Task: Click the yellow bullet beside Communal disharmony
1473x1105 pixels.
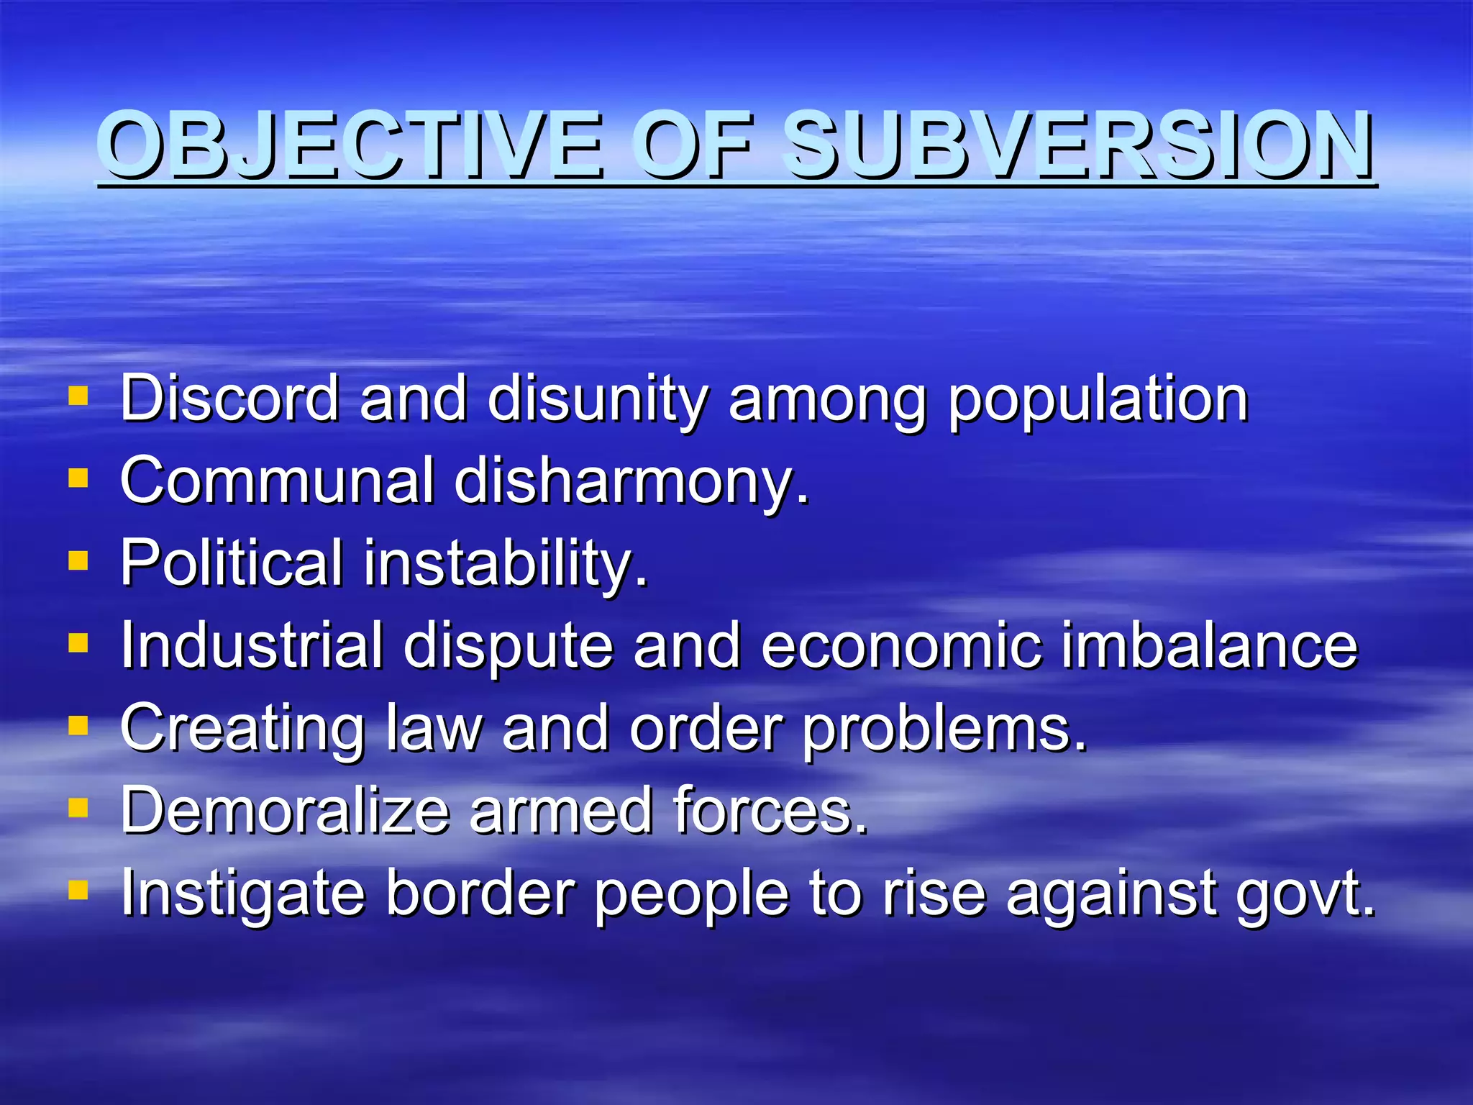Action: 78,478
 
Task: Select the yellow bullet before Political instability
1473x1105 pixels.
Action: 78,560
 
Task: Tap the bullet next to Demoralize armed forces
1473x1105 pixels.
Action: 78,809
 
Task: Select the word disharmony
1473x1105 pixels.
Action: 631,482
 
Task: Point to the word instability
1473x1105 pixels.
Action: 506,564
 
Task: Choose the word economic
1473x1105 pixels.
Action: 900,645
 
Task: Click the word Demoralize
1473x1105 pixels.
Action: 285,810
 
